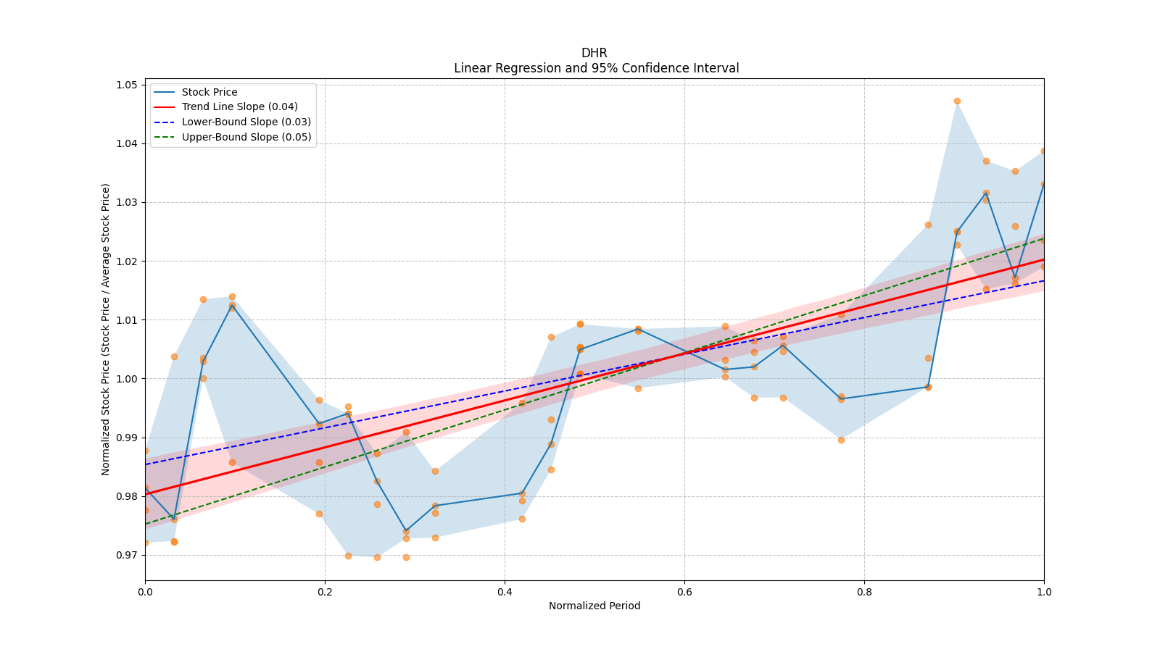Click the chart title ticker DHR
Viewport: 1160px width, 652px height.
[x=594, y=53]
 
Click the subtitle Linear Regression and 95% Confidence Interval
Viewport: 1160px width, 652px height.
[x=596, y=68]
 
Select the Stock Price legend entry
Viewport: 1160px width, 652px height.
[x=210, y=92]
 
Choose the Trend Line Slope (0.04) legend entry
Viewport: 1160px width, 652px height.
[x=239, y=106]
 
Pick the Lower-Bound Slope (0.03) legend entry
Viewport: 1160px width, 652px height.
[x=246, y=122]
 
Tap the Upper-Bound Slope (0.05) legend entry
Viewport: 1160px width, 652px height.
[x=246, y=137]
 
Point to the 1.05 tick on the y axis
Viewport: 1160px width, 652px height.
[x=127, y=85]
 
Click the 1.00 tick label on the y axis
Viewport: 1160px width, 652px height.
[x=127, y=379]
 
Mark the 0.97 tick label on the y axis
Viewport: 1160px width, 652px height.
[x=127, y=555]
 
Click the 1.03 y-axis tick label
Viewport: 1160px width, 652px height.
[x=127, y=202]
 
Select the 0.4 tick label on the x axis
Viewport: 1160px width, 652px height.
[x=505, y=592]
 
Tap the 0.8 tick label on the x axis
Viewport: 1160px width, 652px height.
[x=864, y=592]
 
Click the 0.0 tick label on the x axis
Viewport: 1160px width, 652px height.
[x=145, y=592]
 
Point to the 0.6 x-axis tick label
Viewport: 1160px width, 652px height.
[x=684, y=592]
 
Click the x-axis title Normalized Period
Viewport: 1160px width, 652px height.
[x=594, y=606]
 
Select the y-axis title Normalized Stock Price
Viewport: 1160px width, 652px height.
[x=106, y=329]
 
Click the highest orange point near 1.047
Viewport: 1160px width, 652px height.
[x=957, y=101]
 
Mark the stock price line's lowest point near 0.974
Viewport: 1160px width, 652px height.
[x=406, y=531]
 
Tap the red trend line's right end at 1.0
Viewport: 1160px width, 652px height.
[x=1043, y=259]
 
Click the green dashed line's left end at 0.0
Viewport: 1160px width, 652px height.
[x=146, y=524]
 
